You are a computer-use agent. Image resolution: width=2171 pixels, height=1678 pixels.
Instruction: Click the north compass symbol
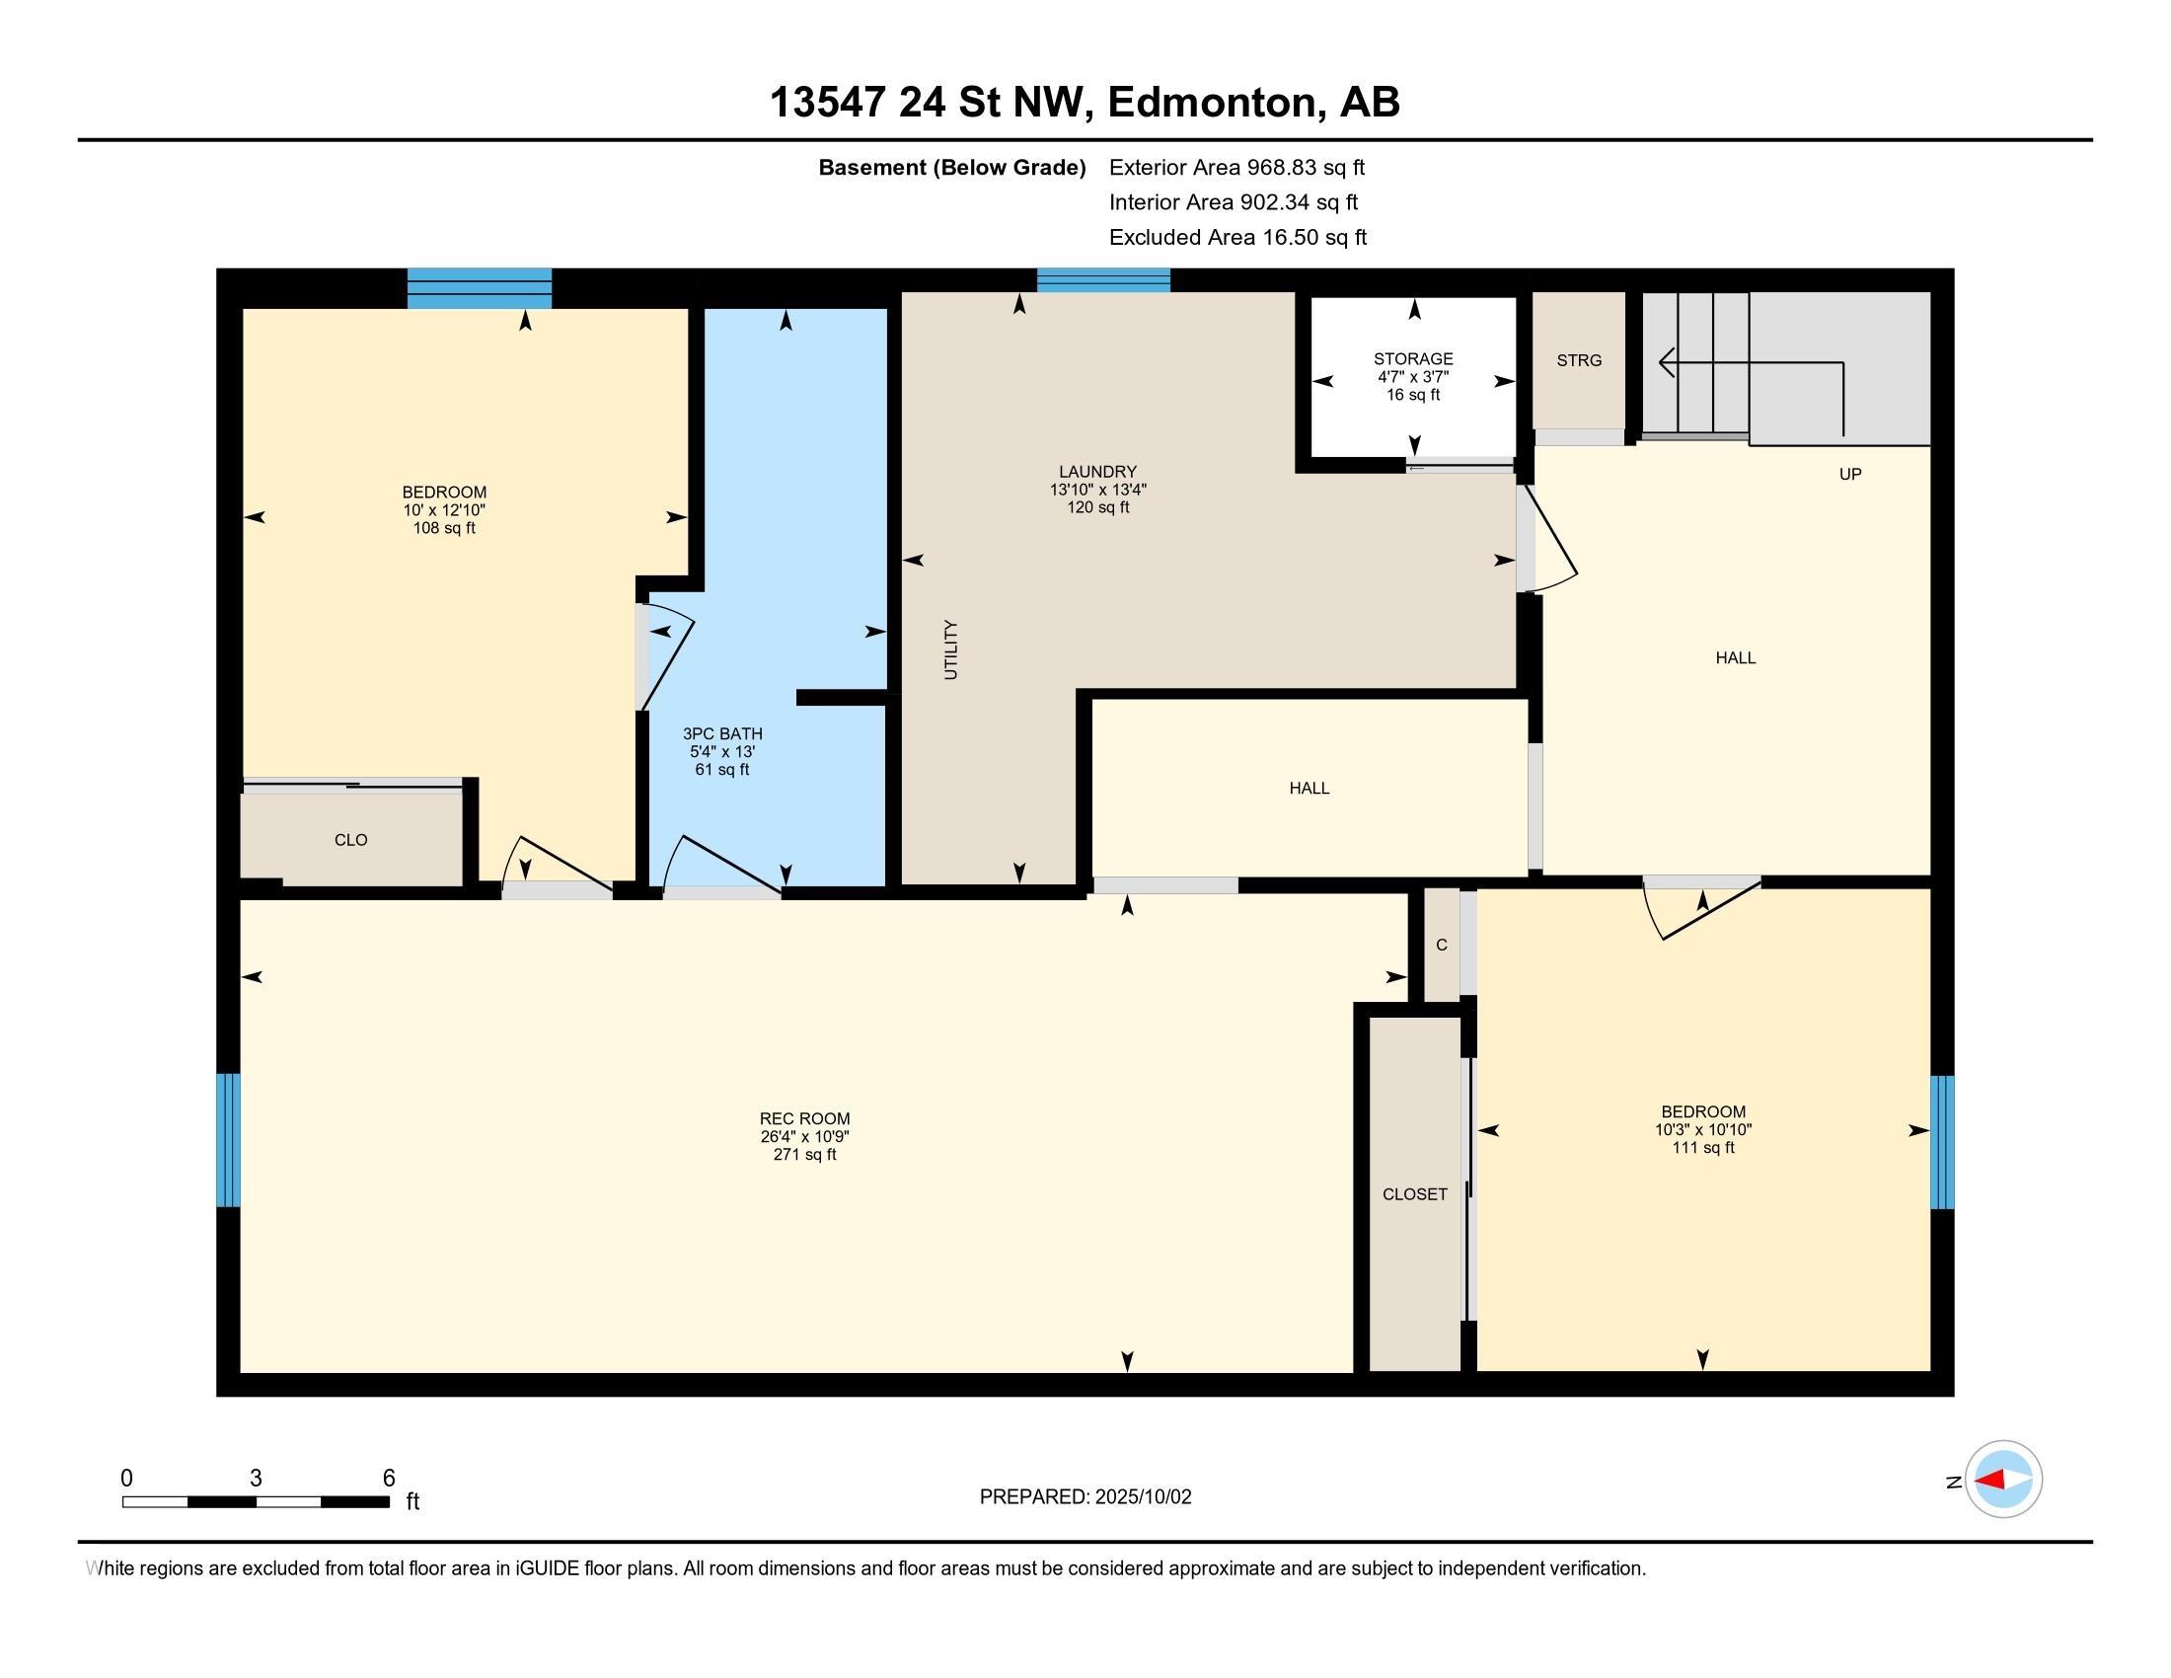click(x=2003, y=1481)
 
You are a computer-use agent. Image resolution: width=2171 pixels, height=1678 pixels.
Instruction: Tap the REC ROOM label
click(x=804, y=1118)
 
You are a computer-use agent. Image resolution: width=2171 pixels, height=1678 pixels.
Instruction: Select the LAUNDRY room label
click(x=1097, y=472)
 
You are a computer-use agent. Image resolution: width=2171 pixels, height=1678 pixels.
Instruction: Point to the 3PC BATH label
click(x=722, y=733)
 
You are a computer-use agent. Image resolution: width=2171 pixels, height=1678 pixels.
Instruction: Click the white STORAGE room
click(x=1413, y=377)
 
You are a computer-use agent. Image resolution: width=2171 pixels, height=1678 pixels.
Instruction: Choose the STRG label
click(x=1580, y=361)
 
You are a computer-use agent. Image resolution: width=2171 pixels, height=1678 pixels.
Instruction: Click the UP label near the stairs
click(x=1850, y=474)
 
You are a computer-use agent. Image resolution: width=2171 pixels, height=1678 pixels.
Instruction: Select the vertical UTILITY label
click(x=950, y=650)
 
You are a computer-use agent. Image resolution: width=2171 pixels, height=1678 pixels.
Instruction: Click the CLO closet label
click(x=351, y=840)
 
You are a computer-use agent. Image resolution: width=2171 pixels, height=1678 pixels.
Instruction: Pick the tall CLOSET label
click(x=1414, y=1194)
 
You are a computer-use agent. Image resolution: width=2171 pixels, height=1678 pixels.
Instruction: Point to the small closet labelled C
click(x=1442, y=945)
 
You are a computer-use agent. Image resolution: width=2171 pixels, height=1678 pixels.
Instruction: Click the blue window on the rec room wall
click(x=229, y=1139)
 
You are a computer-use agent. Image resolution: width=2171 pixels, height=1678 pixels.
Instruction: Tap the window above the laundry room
click(x=1103, y=279)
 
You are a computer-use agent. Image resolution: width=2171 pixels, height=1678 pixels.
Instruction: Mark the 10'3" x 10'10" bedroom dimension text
click(x=1703, y=1129)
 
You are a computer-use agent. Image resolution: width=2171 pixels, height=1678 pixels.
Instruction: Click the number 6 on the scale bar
click(x=389, y=1478)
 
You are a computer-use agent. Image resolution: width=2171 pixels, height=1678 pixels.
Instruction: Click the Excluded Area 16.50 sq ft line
click(x=1237, y=238)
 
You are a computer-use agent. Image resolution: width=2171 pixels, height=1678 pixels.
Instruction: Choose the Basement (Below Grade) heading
click(x=951, y=168)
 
